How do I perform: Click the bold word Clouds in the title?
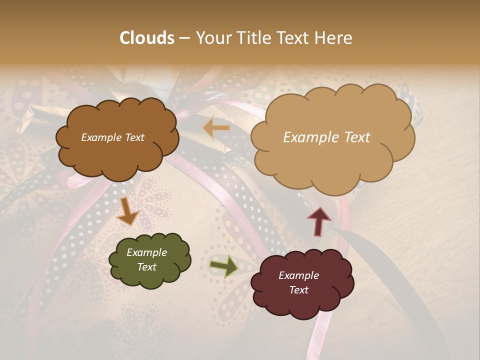pyautogui.click(x=147, y=38)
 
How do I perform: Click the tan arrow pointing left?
pyautogui.click(x=216, y=128)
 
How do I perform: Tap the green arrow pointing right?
pyautogui.click(x=223, y=266)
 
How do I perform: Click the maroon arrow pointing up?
pyautogui.click(x=319, y=220)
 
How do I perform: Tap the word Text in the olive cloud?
pyautogui.click(x=147, y=267)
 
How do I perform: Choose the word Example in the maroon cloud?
pyautogui.click(x=298, y=275)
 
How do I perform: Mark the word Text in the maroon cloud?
pyautogui.click(x=298, y=290)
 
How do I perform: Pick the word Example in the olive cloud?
pyautogui.click(x=147, y=252)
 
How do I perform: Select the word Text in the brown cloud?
pyautogui.click(x=134, y=137)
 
